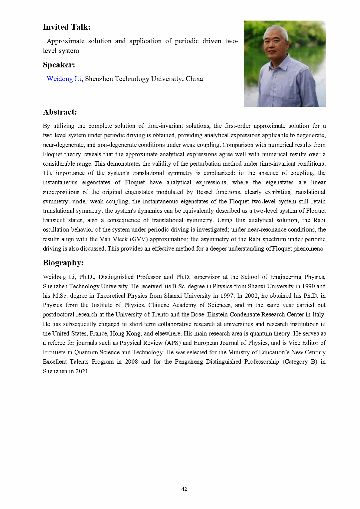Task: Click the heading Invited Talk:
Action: tap(67, 27)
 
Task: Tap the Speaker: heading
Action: tap(59, 65)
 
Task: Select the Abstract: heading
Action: tap(60, 112)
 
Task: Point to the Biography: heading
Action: tap(63, 263)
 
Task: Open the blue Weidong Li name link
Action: tap(64, 79)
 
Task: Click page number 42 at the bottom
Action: tap(184, 489)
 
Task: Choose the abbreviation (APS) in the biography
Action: tap(172, 343)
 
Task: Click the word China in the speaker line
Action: tap(194, 79)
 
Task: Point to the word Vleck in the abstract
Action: tap(120, 239)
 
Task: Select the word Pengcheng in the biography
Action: tap(188, 361)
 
